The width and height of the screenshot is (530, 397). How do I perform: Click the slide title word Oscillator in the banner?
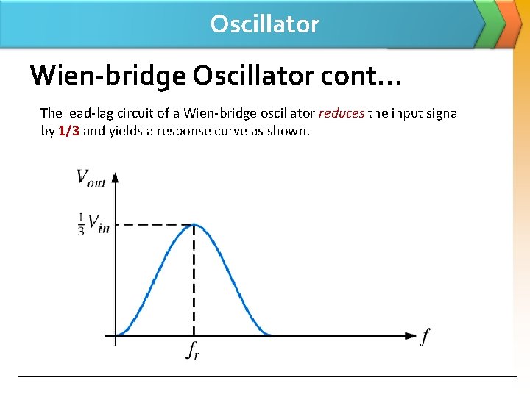coord(264,24)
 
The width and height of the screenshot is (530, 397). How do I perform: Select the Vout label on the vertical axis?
coord(91,177)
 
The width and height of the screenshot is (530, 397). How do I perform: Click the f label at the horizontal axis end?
coord(425,337)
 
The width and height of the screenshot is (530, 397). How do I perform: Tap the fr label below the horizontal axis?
coord(193,351)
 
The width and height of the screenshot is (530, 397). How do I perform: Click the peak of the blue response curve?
coord(194,225)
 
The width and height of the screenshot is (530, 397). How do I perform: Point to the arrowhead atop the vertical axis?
coord(115,178)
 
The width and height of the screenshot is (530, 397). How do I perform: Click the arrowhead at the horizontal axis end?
coord(411,336)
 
